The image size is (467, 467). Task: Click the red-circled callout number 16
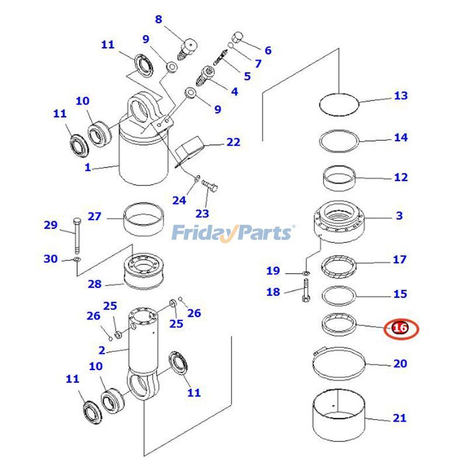tap(400, 328)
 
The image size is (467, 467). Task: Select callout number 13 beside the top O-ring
tap(400, 96)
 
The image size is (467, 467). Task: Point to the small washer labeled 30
tap(78, 259)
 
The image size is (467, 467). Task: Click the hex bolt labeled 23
tap(211, 187)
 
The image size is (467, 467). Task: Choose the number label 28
tap(95, 284)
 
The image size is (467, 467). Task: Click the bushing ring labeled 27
tap(144, 221)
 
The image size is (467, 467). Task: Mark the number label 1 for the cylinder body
tap(88, 168)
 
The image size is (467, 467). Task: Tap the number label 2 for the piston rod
tap(102, 350)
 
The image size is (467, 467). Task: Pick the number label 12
tap(400, 177)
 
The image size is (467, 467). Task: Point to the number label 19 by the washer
tap(273, 270)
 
